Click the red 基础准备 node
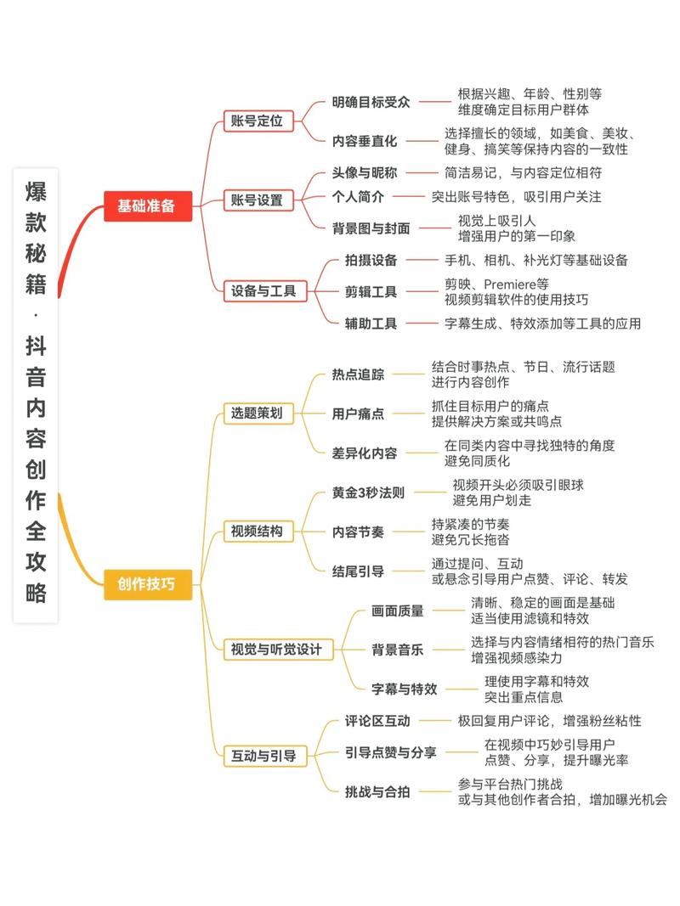(x=147, y=205)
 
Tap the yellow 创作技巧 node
(x=147, y=584)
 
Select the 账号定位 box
(x=258, y=121)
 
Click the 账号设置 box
(x=258, y=201)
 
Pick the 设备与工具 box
(x=264, y=291)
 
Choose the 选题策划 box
(x=258, y=414)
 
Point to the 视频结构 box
(x=258, y=532)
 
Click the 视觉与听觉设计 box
(x=277, y=650)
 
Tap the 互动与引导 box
(x=264, y=754)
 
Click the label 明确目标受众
(x=371, y=102)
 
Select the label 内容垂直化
(x=365, y=141)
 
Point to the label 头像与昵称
(x=365, y=172)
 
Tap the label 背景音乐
(x=397, y=650)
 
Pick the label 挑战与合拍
(x=377, y=791)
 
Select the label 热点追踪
(x=358, y=374)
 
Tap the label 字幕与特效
(x=405, y=689)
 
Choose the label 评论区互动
(x=377, y=721)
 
